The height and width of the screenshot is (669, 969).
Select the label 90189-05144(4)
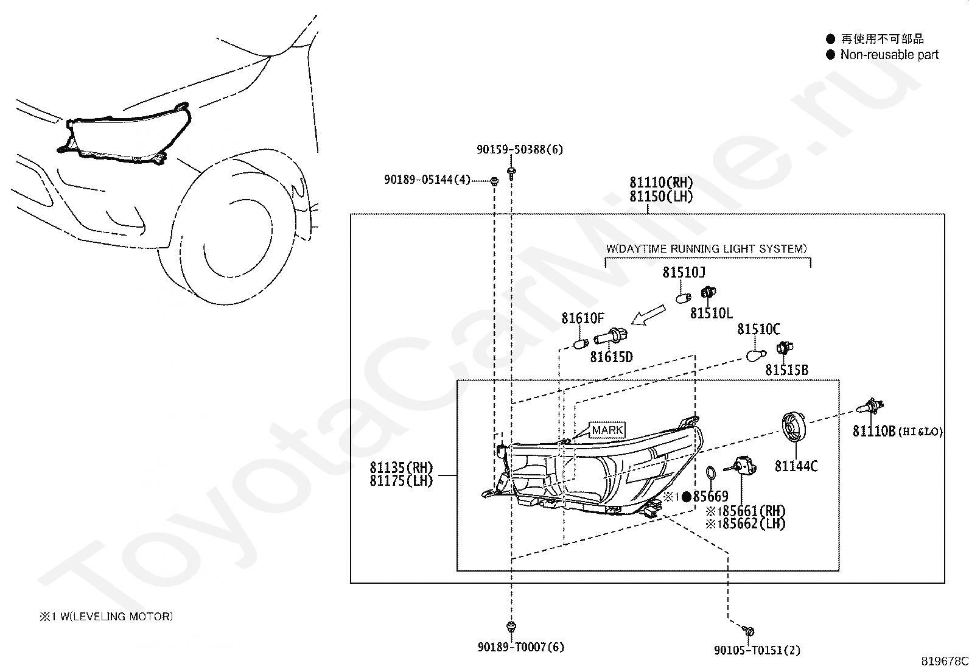(427, 180)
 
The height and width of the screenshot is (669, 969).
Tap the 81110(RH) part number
(660, 183)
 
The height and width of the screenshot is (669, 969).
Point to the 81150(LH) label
(660, 197)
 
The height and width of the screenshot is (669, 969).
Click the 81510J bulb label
(684, 272)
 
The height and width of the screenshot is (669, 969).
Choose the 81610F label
(582, 318)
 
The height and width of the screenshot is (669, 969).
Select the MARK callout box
(607, 430)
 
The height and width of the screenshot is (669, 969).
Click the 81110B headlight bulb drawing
(870, 406)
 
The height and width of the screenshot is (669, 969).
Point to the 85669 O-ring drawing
(710, 472)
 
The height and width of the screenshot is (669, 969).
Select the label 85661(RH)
(749, 511)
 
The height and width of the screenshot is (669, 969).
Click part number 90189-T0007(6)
(520, 647)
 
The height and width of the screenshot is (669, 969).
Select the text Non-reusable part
(889, 55)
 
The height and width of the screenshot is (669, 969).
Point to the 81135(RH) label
(401, 468)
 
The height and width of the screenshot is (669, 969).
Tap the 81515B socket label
(786, 370)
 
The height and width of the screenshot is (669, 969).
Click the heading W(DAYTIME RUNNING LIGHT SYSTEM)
(707, 248)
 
